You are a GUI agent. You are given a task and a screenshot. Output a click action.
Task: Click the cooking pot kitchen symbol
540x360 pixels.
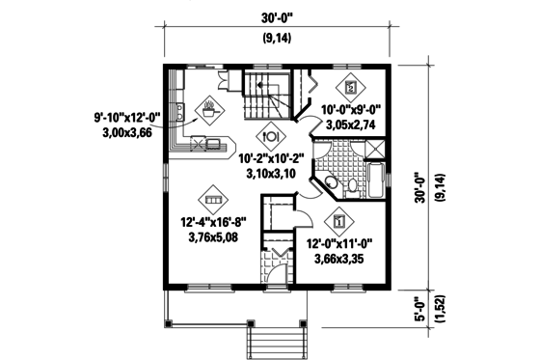click(208, 105)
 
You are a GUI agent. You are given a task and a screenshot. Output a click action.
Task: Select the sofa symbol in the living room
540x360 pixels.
click(213, 198)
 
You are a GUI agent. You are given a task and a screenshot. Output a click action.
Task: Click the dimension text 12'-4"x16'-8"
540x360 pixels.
click(213, 222)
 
